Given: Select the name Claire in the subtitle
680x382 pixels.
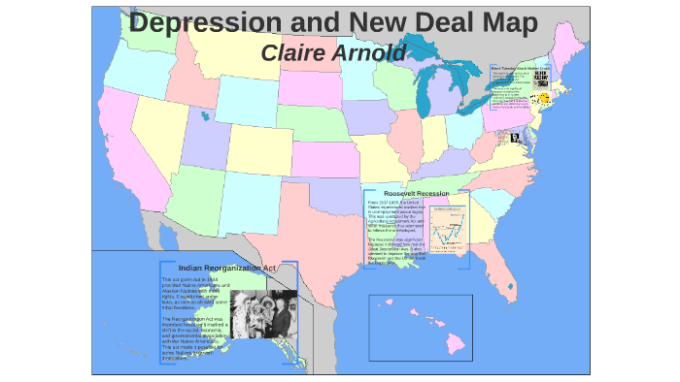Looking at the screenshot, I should pos(296,52).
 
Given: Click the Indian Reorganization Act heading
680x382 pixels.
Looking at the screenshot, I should pos(228,268).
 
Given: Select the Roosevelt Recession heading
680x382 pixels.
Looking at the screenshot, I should pos(416,194).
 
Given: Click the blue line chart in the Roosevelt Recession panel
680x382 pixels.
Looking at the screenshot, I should pos(446,234).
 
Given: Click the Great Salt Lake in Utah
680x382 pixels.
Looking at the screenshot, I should pos(204,118).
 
